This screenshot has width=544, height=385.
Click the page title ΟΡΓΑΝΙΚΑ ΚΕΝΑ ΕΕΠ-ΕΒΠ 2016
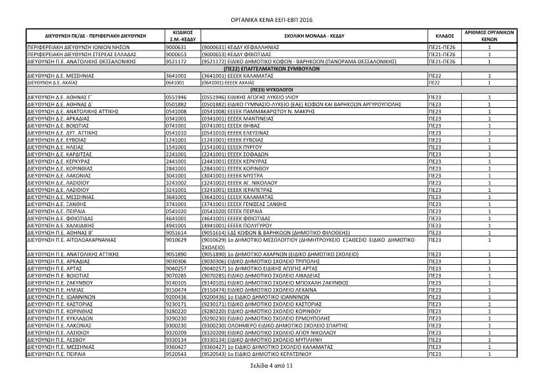(272, 20)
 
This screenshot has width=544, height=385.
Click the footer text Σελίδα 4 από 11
(271, 366)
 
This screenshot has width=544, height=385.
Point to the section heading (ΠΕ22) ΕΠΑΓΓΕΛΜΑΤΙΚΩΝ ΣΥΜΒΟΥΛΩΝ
(271, 68)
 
